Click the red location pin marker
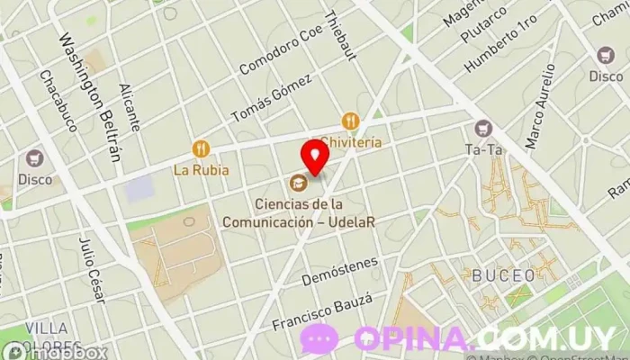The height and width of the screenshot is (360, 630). pos(315,156)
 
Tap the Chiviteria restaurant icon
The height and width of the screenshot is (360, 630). pos(351,121)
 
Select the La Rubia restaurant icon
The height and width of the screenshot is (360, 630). pos(200,148)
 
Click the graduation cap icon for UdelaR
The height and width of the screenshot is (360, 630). pos(296,184)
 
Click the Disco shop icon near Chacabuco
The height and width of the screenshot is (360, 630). pos(36,158)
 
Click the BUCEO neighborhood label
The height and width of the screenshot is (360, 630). pos(504,274)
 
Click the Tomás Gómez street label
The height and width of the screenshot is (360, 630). pos(271,98)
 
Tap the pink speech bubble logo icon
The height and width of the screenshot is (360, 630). pos(319,338)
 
